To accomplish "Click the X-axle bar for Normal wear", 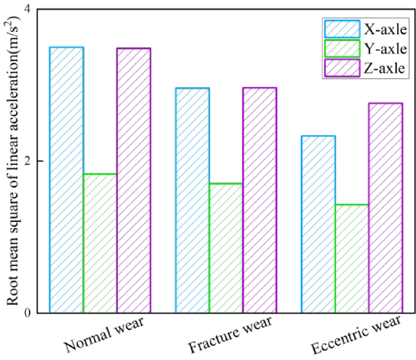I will (x=67, y=180).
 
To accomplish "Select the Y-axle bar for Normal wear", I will (x=100, y=243).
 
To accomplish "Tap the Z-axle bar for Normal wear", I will (x=133, y=180).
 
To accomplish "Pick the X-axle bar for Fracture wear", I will (x=193, y=200).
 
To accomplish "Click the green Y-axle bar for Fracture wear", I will (x=226, y=248).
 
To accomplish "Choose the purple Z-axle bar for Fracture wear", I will (x=259, y=200).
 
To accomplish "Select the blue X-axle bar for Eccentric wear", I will (x=318, y=224).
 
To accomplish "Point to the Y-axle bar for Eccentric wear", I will (x=352, y=259).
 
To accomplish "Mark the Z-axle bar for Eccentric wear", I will (x=385, y=208).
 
